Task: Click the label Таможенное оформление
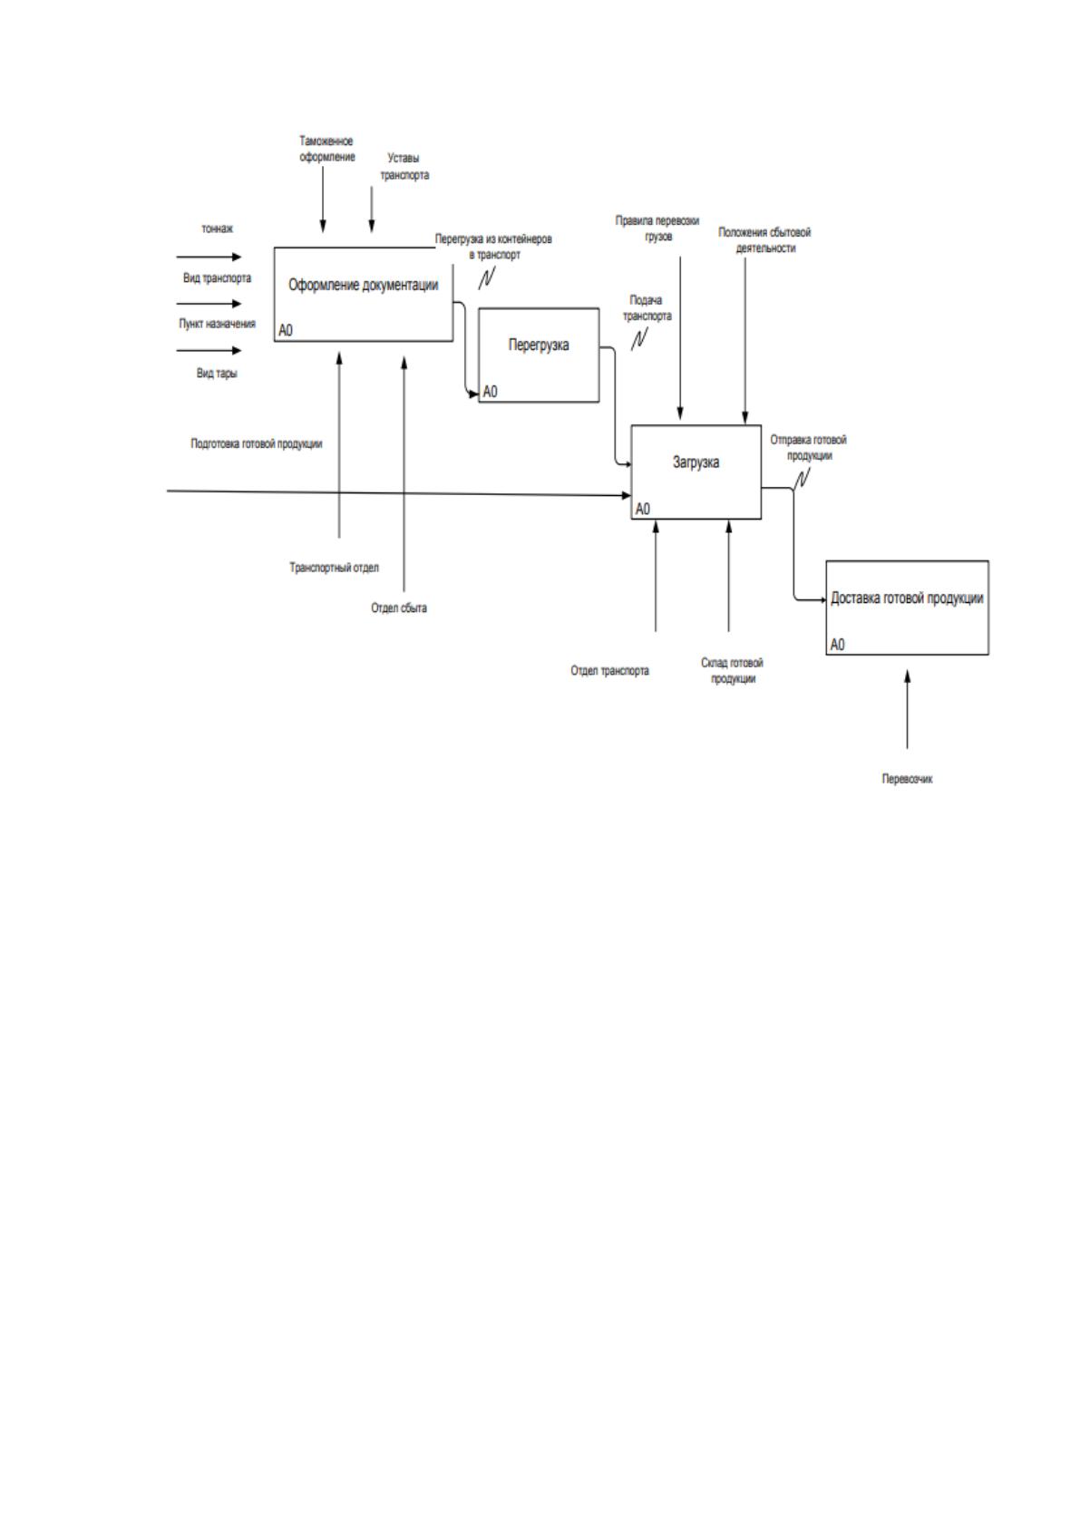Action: click(x=326, y=149)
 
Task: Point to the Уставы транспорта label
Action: click(x=404, y=166)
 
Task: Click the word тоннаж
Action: click(x=217, y=229)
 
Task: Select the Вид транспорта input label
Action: click(x=217, y=278)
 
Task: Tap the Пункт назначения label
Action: click(x=217, y=324)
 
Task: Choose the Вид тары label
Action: click(x=217, y=373)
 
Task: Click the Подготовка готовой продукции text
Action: click(x=257, y=443)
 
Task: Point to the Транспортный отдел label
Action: click(x=334, y=567)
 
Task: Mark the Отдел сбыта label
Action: click(x=399, y=608)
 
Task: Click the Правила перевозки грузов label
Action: click(x=657, y=229)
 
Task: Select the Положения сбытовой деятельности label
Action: click(x=764, y=240)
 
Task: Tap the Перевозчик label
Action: click(x=907, y=779)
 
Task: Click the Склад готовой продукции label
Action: click(x=733, y=670)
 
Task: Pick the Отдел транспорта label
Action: click(x=609, y=671)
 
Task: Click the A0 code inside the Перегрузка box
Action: click(x=491, y=392)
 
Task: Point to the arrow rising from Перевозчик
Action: click(x=907, y=709)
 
